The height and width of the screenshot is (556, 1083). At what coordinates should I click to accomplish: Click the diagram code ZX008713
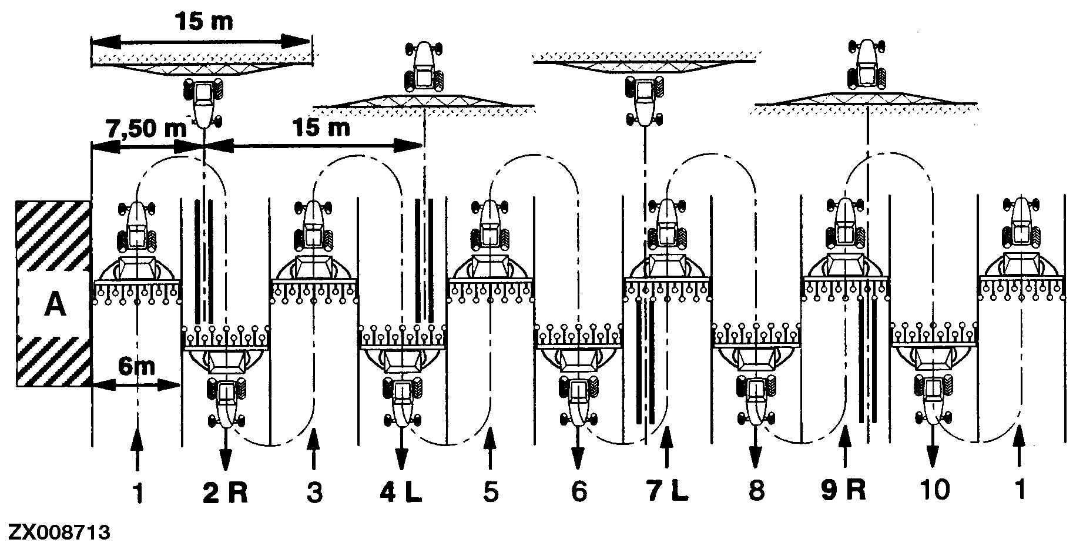click(x=57, y=533)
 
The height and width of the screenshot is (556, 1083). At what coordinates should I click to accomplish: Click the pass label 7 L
click(x=667, y=491)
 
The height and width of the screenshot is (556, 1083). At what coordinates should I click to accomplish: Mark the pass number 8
click(x=756, y=491)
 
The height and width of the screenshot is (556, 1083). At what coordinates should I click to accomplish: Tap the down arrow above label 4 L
click(x=401, y=448)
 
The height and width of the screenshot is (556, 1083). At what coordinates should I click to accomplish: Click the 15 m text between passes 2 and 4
click(x=320, y=128)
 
